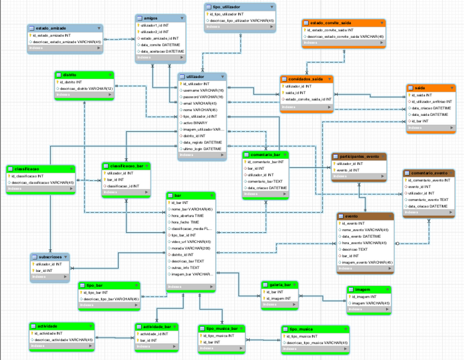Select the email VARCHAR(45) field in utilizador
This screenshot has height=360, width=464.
coord(201,103)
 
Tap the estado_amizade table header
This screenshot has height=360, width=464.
coord(51,28)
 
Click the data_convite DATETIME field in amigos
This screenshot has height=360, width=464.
coord(161,45)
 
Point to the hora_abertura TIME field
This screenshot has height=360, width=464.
coord(188,215)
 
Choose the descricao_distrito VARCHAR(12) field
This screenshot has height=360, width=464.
coord(86,88)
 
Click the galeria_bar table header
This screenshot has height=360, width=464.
coord(278,284)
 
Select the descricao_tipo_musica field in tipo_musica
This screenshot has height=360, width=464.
coord(317,343)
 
